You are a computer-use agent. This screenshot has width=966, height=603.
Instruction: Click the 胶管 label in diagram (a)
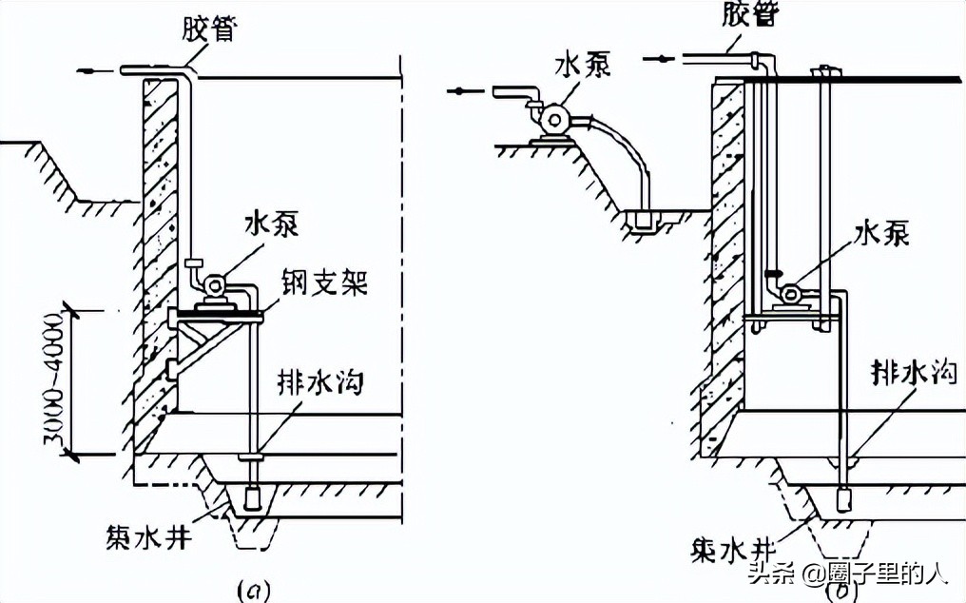coord(209,29)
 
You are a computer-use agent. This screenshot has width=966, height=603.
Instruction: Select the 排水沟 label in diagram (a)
coord(320,382)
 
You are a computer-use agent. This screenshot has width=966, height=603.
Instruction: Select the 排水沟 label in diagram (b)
coord(914,373)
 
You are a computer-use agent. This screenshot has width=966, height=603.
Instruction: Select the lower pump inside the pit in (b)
coord(790,294)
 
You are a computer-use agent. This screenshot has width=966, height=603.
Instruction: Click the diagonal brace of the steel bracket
coord(208,351)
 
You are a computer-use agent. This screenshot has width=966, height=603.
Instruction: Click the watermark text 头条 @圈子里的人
coord(846,574)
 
